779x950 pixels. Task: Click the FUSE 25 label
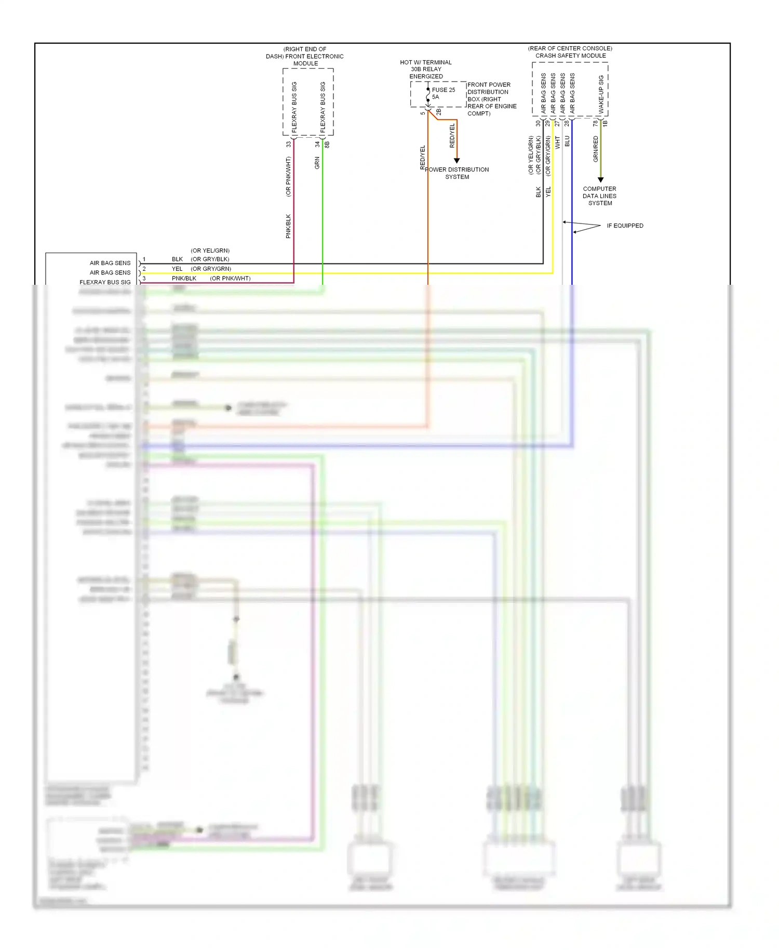pyautogui.click(x=443, y=90)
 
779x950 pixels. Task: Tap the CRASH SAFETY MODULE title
pyautogui.click(x=570, y=56)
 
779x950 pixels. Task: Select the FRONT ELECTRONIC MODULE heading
pyautogui.click(x=305, y=57)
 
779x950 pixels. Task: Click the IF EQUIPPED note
pyautogui.click(x=625, y=226)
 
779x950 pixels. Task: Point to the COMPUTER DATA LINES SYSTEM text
pyautogui.click(x=599, y=196)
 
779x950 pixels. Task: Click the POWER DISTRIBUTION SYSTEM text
pyautogui.click(x=457, y=173)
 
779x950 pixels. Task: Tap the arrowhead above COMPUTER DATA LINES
pyautogui.click(x=600, y=180)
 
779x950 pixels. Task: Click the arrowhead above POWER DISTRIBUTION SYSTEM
pyautogui.click(x=457, y=161)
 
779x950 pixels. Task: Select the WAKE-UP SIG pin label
pyautogui.click(x=601, y=95)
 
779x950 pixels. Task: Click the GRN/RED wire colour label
pyautogui.click(x=596, y=149)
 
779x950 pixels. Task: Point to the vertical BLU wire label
pyautogui.click(x=567, y=141)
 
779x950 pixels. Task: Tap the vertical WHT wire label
pyautogui.click(x=558, y=142)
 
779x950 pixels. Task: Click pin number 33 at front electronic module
pyautogui.click(x=288, y=144)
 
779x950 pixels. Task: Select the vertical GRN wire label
pyautogui.click(x=317, y=163)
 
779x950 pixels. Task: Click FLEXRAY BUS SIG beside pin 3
pyautogui.click(x=105, y=282)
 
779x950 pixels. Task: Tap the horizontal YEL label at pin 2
pyautogui.click(x=177, y=269)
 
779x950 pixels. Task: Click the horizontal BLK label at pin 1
pyautogui.click(x=177, y=259)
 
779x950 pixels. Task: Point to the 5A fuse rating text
pyautogui.click(x=435, y=97)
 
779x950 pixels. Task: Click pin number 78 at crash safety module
pyautogui.click(x=595, y=124)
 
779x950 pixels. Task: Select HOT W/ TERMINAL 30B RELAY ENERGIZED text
pyautogui.click(x=425, y=69)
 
